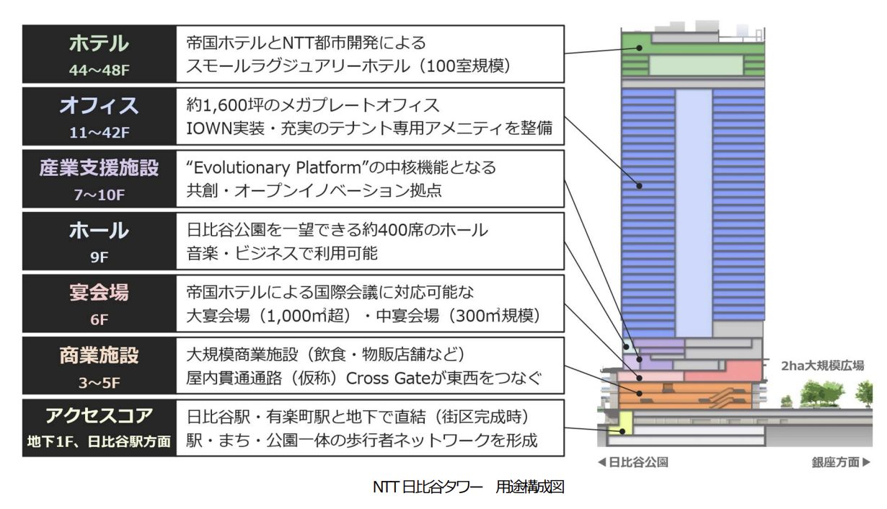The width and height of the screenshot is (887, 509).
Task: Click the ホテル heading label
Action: pos(100,44)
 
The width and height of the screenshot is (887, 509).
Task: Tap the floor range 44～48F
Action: pos(100,71)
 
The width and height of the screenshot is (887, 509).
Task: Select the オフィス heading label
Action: pos(100,106)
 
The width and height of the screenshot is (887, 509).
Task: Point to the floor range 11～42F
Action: pos(100,133)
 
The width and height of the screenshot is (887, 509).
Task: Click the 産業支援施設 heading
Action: pos(100,168)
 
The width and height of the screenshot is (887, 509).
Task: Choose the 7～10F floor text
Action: pos(100,195)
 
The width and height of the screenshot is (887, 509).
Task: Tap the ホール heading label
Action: pos(100,231)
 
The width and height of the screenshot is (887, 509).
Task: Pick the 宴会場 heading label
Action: pos(100,293)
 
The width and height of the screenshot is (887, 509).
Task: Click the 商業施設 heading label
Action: pos(100,355)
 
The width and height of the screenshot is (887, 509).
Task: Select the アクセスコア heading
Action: pos(100,417)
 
